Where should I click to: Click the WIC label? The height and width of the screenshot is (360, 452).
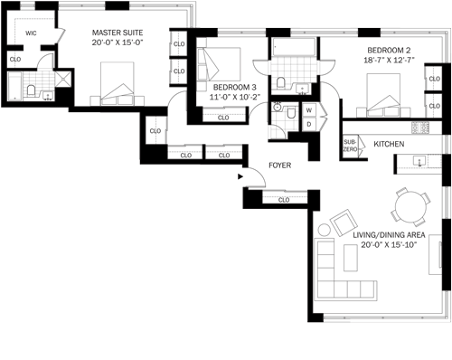[31, 33]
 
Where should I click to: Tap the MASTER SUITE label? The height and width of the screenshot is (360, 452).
[118, 33]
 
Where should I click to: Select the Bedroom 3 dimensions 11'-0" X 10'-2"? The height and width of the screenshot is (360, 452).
[235, 97]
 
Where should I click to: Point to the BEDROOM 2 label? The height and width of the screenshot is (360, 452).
[389, 50]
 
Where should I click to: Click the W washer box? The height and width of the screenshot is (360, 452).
[309, 110]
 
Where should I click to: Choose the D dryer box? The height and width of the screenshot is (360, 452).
[309, 124]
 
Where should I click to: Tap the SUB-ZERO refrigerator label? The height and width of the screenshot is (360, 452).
[350, 146]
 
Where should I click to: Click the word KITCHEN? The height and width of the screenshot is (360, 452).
[389, 144]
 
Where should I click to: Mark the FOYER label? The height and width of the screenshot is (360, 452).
[280, 166]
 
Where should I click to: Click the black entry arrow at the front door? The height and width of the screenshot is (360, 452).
[240, 176]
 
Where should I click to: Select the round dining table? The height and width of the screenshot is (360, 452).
[410, 208]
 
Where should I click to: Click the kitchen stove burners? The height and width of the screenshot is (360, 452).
[420, 127]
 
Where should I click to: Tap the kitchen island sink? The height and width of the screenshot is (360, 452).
[419, 161]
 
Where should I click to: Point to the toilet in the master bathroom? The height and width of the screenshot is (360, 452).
[31, 90]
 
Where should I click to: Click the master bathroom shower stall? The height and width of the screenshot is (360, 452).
[63, 79]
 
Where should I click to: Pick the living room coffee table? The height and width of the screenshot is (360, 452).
[351, 258]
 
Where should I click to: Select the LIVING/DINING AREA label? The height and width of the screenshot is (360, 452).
[389, 235]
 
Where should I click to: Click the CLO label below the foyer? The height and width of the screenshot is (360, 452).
[284, 200]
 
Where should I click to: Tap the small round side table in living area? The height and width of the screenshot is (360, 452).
[325, 230]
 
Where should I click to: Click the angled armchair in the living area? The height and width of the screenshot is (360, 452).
[344, 223]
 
